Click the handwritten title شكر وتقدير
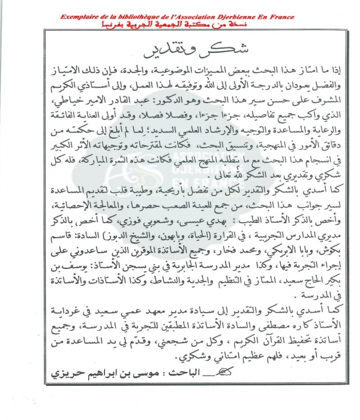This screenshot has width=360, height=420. click(180, 49)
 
